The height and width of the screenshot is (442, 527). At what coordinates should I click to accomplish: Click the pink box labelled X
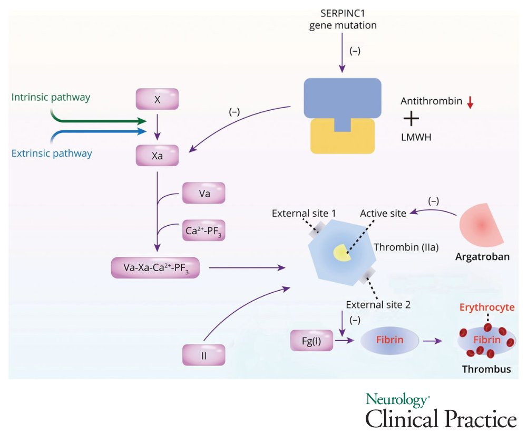tap(157, 99)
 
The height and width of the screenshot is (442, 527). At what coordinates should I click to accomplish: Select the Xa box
tap(157, 156)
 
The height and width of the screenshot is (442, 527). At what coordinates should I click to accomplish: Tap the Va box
tap(203, 193)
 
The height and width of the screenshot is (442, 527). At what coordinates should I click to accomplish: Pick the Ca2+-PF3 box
tap(203, 230)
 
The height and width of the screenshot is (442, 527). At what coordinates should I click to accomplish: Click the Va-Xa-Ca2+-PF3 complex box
tap(155, 268)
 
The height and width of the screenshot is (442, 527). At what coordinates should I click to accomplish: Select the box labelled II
tap(203, 355)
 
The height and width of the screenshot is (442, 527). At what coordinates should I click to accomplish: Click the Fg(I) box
tap(311, 340)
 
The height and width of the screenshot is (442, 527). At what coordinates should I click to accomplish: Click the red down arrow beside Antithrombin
tap(470, 102)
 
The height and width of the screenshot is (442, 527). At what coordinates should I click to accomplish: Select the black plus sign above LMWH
tap(411, 119)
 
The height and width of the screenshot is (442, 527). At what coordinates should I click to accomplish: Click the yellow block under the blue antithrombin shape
tap(343, 136)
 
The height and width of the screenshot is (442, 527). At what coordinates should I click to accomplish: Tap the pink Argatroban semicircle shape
tap(481, 225)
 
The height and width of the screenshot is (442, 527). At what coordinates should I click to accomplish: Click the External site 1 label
tap(304, 213)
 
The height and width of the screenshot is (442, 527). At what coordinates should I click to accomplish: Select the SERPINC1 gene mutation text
tap(343, 19)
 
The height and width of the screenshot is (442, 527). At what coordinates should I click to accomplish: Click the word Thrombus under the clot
tap(486, 369)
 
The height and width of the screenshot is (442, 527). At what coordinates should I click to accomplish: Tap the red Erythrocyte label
tap(486, 307)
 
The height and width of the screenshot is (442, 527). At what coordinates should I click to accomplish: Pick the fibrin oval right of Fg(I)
tap(389, 340)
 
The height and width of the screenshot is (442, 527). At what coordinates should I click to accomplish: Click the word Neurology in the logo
tap(397, 400)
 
